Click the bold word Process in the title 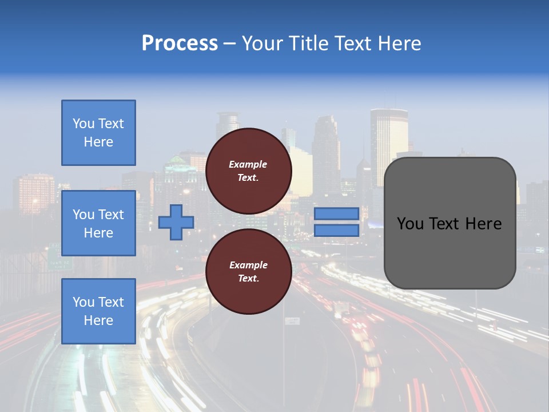tap(180, 43)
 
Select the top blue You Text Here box tap(98, 133)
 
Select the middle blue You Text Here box tap(98, 223)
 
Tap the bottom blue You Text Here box tap(98, 311)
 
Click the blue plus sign tap(176, 223)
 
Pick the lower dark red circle tap(248, 272)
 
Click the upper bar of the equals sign tap(336, 213)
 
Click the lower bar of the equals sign tap(336, 230)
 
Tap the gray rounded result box tap(449, 223)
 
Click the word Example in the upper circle tap(248, 164)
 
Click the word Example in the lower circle tap(248, 265)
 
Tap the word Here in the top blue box tap(98, 142)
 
